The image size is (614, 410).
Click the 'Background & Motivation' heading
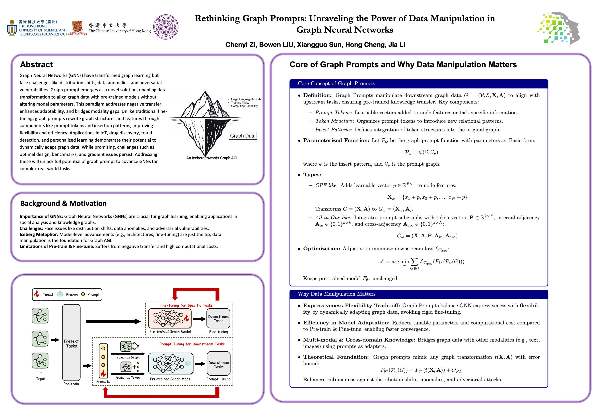(63, 203)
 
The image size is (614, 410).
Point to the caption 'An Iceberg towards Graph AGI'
(212, 158)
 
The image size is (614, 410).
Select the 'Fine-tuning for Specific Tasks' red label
(186, 305)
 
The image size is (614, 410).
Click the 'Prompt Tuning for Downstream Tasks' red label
(192, 344)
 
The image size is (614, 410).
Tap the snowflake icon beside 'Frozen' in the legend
(60, 294)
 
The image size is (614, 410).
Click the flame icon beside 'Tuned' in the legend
(37, 294)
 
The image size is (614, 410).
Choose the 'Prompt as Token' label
(127, 378)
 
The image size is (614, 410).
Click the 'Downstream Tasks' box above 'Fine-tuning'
(218, 319)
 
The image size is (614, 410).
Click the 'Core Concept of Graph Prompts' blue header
(336, 83)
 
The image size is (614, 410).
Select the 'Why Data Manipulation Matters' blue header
(336, 294)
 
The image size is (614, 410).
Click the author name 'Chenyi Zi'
(240, 45)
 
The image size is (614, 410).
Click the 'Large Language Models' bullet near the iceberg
(246, 99)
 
